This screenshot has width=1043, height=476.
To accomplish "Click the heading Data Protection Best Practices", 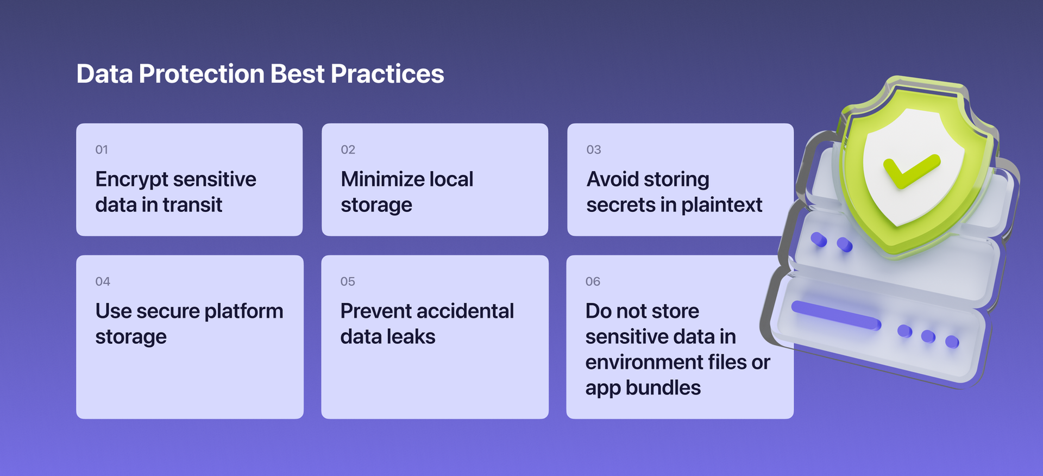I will [x=260, y=74].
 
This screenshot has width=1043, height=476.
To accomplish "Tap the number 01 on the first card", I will [x=102, y=149].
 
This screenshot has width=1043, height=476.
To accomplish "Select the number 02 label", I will [x=348, y=149].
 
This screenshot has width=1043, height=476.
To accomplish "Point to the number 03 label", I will [x=593, y=149].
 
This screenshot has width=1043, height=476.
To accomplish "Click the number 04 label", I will [x=103, y=281].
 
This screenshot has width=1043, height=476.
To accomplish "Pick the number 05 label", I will [x=348, y=281].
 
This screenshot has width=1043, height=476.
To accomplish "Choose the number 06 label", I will [x=593, y=281].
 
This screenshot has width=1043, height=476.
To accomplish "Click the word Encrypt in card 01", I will [x=132, y=180].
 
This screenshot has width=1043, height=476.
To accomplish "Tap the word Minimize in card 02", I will [x=382, y=179].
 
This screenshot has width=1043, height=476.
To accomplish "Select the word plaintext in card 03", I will [x=721, y=205].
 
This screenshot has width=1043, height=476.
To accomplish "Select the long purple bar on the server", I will [x=835, y=315].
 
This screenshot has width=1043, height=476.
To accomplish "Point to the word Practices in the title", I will [x=387, y=74].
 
